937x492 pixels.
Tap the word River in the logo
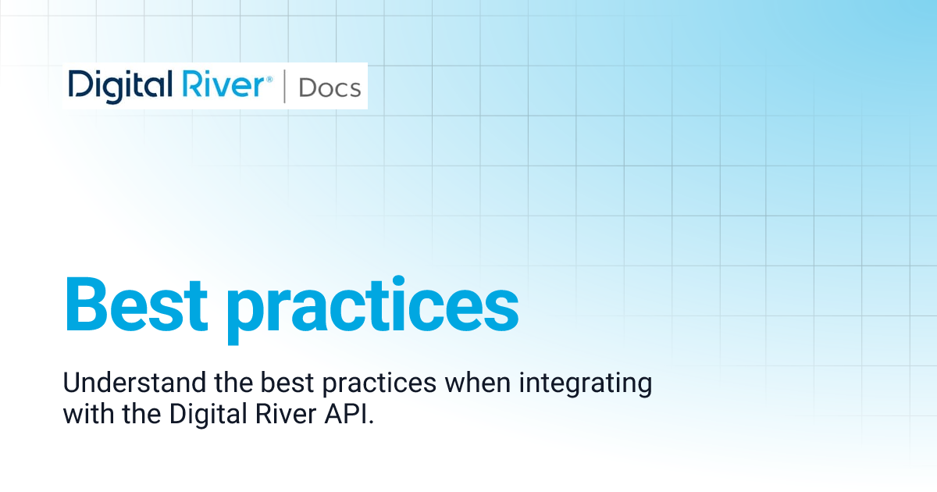(226, 84)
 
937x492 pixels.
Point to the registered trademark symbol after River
(270, 78)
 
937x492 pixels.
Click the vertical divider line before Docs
(284, 86)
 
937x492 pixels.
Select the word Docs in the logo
(330, 87)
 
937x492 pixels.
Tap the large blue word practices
(372, 306)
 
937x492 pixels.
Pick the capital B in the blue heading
(84, 303)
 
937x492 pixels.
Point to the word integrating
(579, 385)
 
